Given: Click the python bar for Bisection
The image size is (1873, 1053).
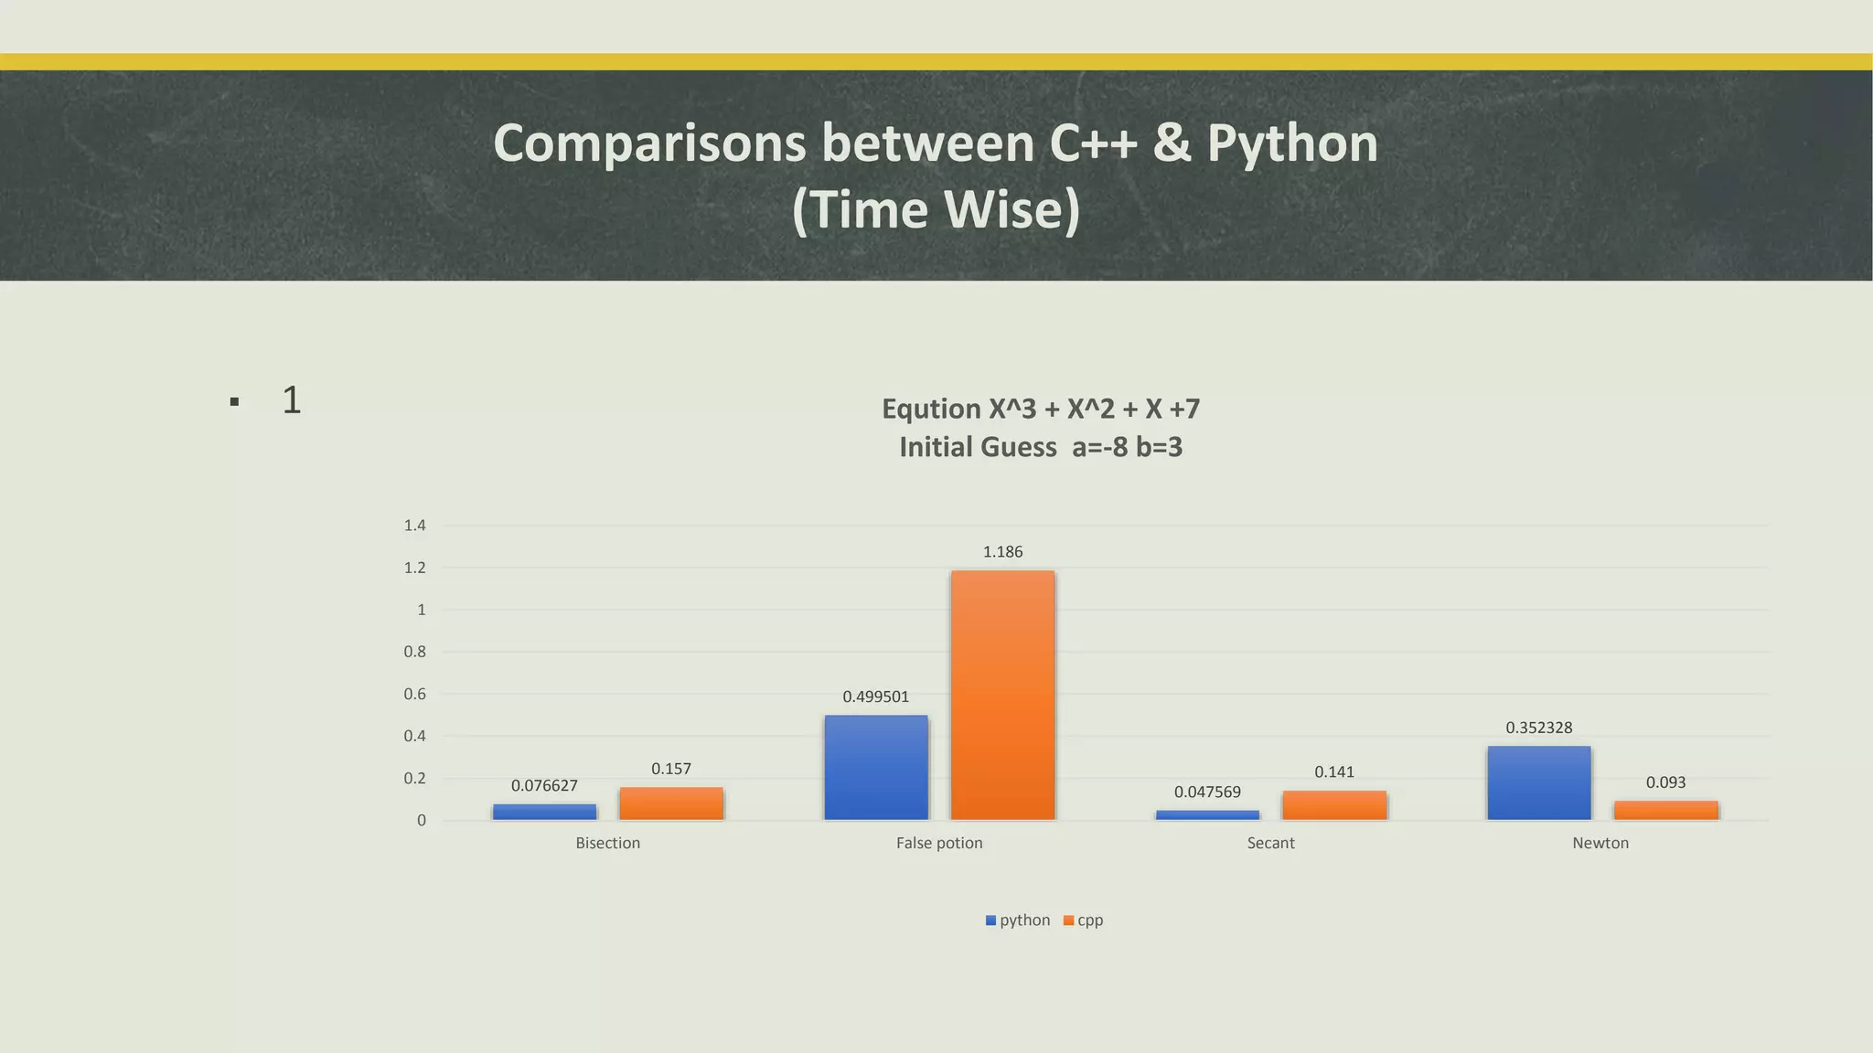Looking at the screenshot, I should point(544,812).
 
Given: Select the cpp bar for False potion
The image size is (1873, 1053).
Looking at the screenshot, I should point(1002,695).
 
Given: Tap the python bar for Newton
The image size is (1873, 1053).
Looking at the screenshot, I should point(1539,782).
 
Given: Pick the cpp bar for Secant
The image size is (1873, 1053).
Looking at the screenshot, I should point(1334,805).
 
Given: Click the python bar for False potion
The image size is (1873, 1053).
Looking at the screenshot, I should point(876,767).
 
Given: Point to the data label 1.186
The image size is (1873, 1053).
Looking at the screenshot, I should point(1002,552).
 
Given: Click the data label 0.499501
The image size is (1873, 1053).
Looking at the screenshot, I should point(876,697).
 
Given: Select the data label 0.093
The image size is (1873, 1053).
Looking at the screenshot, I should point(1665,782).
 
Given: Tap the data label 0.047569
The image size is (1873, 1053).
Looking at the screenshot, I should point(1207,792).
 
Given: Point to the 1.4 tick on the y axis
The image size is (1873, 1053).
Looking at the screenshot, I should point(414,526).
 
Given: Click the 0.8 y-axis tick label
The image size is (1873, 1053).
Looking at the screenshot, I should point(414,652).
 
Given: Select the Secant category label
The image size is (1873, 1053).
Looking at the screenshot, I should point(1270,843).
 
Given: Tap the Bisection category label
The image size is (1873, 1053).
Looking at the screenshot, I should point(607,843).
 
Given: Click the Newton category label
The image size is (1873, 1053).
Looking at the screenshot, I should point(1600,843).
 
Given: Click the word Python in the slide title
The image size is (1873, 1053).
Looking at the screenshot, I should point(1292,144).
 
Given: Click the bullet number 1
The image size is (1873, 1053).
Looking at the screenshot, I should point(292,400).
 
